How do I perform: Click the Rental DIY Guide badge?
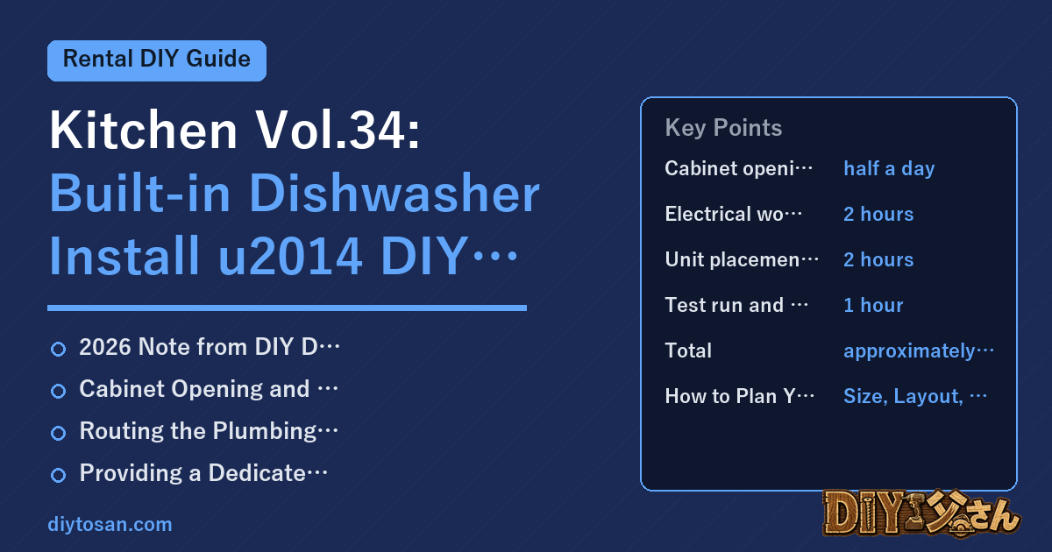157,60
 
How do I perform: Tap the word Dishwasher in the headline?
394,194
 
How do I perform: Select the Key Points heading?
723,128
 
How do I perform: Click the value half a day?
889,168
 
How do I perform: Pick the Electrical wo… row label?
734,214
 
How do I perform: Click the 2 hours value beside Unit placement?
878,259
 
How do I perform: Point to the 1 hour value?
873,305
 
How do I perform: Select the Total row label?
688,350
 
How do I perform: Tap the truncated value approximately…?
919,351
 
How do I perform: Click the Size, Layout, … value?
915,396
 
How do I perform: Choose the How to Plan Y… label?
740,396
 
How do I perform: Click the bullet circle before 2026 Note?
58,349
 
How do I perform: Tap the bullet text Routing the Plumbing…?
209,431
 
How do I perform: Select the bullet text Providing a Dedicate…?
203,472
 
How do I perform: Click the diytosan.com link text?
110,524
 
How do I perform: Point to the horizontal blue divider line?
287,308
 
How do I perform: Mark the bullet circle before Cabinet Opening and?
58,391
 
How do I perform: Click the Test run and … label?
736,305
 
